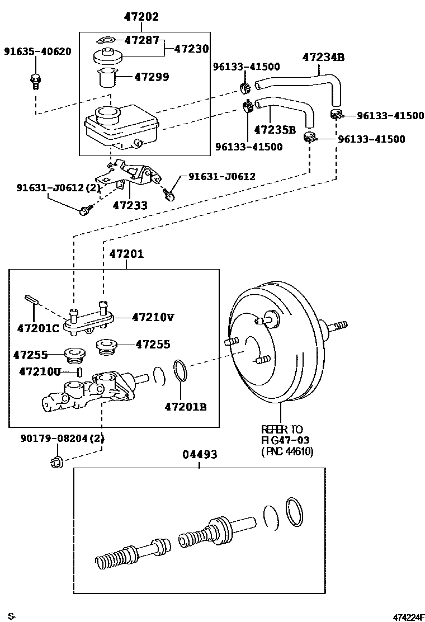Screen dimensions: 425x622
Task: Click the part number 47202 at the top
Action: click(141, 16)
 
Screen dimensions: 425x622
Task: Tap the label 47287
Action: click(141, 40)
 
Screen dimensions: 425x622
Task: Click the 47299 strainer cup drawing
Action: click(106, 77)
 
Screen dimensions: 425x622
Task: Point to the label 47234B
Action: click(323, 57)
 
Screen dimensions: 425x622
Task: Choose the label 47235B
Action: click(275, 130)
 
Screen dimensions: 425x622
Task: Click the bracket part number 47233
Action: click(130, 205)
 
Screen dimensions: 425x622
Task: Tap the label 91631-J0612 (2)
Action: click(58, 187)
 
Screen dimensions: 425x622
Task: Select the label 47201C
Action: click(38, 328)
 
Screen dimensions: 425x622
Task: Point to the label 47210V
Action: click(153, 317)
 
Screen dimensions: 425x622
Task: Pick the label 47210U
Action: click(40, 371)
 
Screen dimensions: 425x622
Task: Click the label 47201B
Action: click(186, 407)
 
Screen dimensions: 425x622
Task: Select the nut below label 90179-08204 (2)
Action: click(57, 461)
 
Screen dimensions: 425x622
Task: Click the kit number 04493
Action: click(200, 454)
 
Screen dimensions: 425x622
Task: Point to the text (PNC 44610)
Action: click(287, 451)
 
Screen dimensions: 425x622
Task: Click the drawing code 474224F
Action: click(408, 617)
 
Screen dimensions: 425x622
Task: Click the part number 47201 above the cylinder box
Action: click(126, 253)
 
